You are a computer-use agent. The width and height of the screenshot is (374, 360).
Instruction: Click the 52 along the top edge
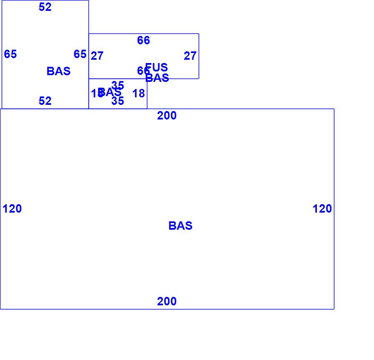pyautogui.click(x=45, y=7)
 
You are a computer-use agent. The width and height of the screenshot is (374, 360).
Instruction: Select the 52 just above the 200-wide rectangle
pyautogui.click(x=45, y=101)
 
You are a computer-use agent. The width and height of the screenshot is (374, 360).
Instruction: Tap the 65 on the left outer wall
pyautogui.click(x=10, y=54)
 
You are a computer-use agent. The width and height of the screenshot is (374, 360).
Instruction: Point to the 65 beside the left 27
pyautogui.click(x=80, y=54)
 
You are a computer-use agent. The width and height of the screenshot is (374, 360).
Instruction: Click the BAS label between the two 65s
pyautogui.click(x=58, y=71)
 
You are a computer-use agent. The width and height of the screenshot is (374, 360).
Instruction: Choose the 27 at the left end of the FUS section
pyautogui.click(x=97, y=56)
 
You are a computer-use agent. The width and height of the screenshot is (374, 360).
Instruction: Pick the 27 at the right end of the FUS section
pyautogui.click(x=190, y=56)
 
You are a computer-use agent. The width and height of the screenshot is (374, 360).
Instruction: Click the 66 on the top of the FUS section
pyautogui.click(x=143, y=41)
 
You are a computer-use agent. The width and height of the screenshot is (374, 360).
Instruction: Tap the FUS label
pyautogui.click(x=157, y=67)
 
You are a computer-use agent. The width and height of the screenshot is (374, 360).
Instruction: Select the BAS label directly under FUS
pyautogui.click(x=157, y=78)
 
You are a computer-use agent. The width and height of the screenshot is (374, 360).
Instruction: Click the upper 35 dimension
pyautogui.click(x=118, y=86)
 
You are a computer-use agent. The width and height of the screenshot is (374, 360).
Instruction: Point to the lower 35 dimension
pyautogui.click(x=118, y=101)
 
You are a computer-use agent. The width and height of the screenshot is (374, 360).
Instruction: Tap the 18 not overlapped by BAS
pyautogui.click(x=139, y=94)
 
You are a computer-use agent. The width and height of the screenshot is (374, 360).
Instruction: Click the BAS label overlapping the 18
pyautogui.click(x=110, y=92)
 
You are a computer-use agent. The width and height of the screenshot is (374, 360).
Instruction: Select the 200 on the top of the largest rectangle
pyautogui.click(x=167, y=116)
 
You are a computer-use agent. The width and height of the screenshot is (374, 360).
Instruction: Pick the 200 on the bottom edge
pyautogui.click(x=167, y=302)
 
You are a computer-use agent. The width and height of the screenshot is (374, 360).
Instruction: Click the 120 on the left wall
pyautogui.click(x=12, y=209)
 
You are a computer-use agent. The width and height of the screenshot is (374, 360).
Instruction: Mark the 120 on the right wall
pyautogui.click(x=322, y=209)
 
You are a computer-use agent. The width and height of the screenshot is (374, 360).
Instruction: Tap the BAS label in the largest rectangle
pyautogui.click(x=180, y=226)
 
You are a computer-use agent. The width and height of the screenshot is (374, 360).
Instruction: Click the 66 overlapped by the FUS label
pyautogui.click(x=142, y=71)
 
